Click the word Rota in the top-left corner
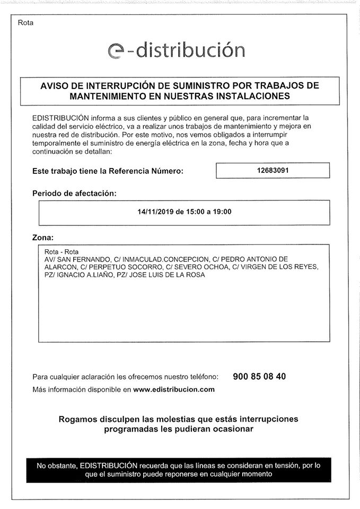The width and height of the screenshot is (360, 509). [x=25, y=23]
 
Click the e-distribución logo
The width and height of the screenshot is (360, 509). [x=176, y=50]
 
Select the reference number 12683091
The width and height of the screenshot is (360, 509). [x=273, y=170]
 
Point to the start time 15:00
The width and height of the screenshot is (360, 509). [x=195, y=212]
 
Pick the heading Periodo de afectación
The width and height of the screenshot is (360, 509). [x=74, y=194]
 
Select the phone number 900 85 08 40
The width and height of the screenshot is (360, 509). [x=259, y=376]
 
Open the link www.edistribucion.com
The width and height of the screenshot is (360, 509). [x=174, y=389]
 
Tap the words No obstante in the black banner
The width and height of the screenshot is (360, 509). [x=56, y=466]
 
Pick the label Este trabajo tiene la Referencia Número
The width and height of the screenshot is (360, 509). [x=108, y=171]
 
